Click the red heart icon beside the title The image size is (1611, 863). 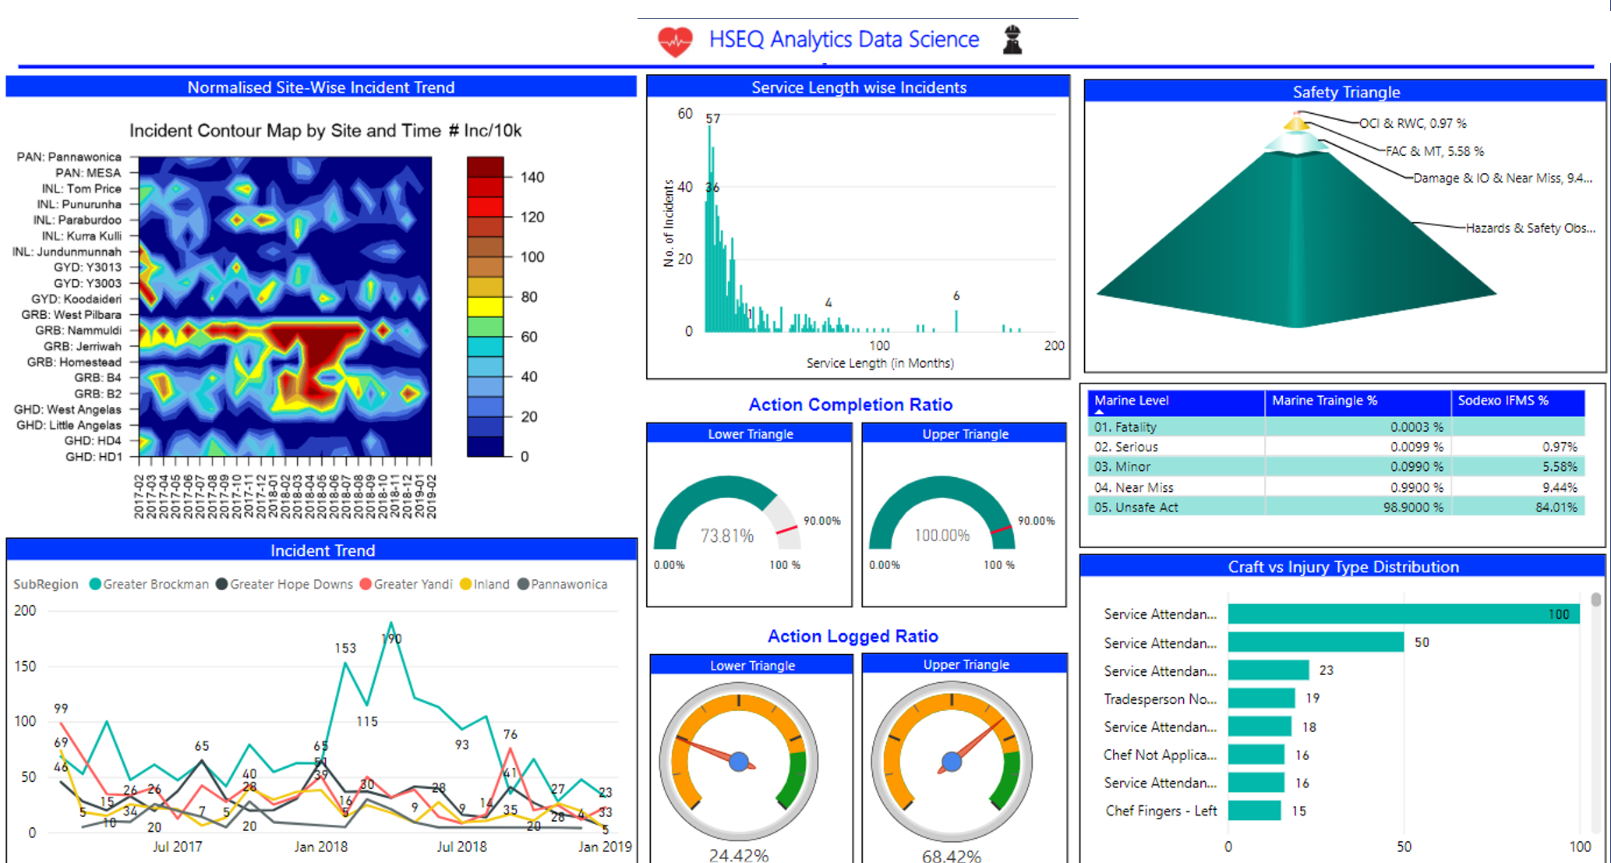(674, 41)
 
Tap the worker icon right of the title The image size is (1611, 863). (1012, 40)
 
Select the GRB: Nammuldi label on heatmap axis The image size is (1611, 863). (78, 331)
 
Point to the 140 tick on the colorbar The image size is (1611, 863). (532, 177)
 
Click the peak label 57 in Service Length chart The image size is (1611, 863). (713, 118)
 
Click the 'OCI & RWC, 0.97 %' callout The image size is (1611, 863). (1412, 123)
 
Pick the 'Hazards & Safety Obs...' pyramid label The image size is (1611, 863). (1530, 228)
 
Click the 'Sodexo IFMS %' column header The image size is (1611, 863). (1503, 401)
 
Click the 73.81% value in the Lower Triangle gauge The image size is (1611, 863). (727, 536)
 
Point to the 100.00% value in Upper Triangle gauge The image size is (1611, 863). (942, 536)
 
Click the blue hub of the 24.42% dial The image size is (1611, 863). (739, 762)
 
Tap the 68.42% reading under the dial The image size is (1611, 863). (952, 855)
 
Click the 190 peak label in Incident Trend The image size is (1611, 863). (391, 639)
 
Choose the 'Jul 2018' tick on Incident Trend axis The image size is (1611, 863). (461, 847)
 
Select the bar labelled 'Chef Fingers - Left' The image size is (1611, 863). (1254, 811)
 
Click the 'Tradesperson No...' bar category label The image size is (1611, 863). (1160, 699)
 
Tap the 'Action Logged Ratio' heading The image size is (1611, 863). (853, 636)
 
